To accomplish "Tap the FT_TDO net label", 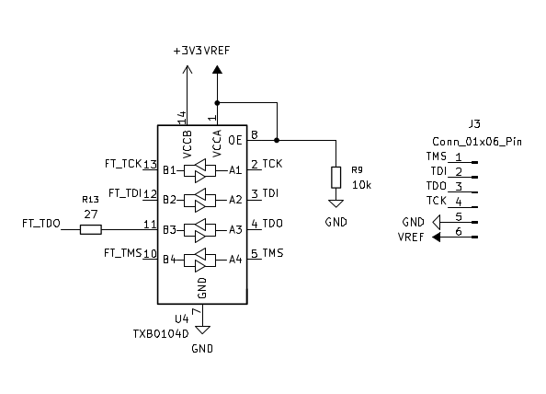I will click(40, 223).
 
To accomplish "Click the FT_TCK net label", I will click(122, 164).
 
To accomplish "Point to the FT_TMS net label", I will click(122, 252).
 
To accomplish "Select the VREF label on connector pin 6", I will click(411, 238).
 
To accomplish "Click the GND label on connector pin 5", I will click(413, 223).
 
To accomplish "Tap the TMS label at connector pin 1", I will click(437, 156).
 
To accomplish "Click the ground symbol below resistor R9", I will click(336, 204).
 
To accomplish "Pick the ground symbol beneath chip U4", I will click(202, 330).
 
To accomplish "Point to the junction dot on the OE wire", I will click(276, 140).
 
